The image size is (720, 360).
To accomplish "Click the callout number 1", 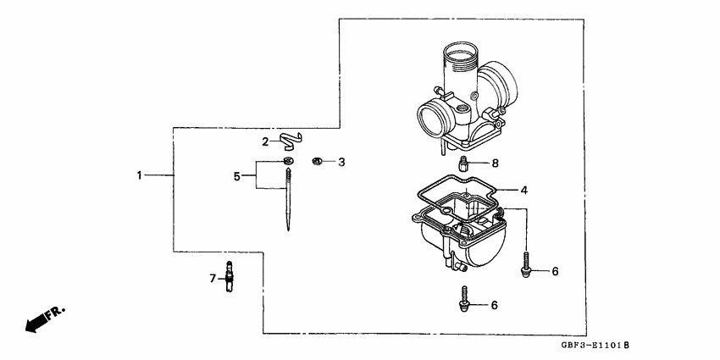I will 139,175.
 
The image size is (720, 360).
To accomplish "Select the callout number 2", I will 265,141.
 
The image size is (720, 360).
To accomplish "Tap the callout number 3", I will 341,162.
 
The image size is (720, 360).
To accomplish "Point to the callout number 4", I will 524,191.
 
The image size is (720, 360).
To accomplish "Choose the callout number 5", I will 238,176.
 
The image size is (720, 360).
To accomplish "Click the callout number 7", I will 213,277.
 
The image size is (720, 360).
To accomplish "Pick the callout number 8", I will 496,163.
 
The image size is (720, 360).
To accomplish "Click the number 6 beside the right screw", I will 555,272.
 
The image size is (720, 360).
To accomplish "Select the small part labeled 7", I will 229,278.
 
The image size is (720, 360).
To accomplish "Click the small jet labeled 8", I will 464,163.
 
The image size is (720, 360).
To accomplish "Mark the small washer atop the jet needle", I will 289,161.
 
